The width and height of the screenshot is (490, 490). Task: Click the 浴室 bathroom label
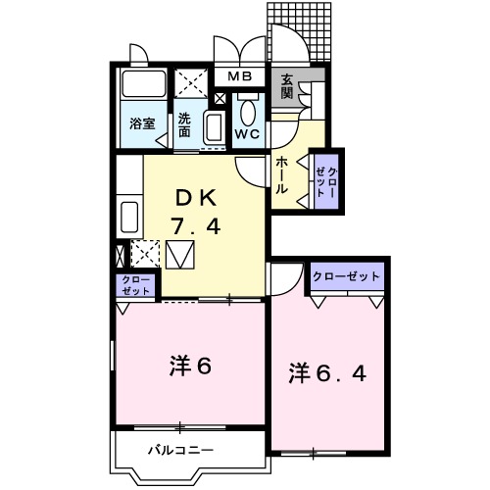[x=143, y=123]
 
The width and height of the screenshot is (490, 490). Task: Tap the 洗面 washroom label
[x=185, y=124]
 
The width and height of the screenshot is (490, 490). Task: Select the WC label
[x=247, y=134]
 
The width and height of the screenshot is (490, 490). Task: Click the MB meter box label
[x=241, y=76]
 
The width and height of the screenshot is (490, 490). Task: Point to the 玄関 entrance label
[x=287, y=87]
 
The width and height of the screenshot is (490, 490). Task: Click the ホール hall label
[x=282, y=174]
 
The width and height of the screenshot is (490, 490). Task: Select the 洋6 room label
[x=190, y=366]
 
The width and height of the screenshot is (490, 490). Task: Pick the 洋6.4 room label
[x=327, y=373]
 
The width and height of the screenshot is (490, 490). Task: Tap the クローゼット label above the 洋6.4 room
[x=347, y=277]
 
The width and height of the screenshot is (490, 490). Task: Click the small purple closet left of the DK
[x=136, y=285]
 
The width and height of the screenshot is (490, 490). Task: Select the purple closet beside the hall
[x=325, y=179]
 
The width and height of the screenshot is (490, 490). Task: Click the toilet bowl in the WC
[x=248, y=111]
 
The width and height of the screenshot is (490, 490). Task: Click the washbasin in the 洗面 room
[x=214, y=126]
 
